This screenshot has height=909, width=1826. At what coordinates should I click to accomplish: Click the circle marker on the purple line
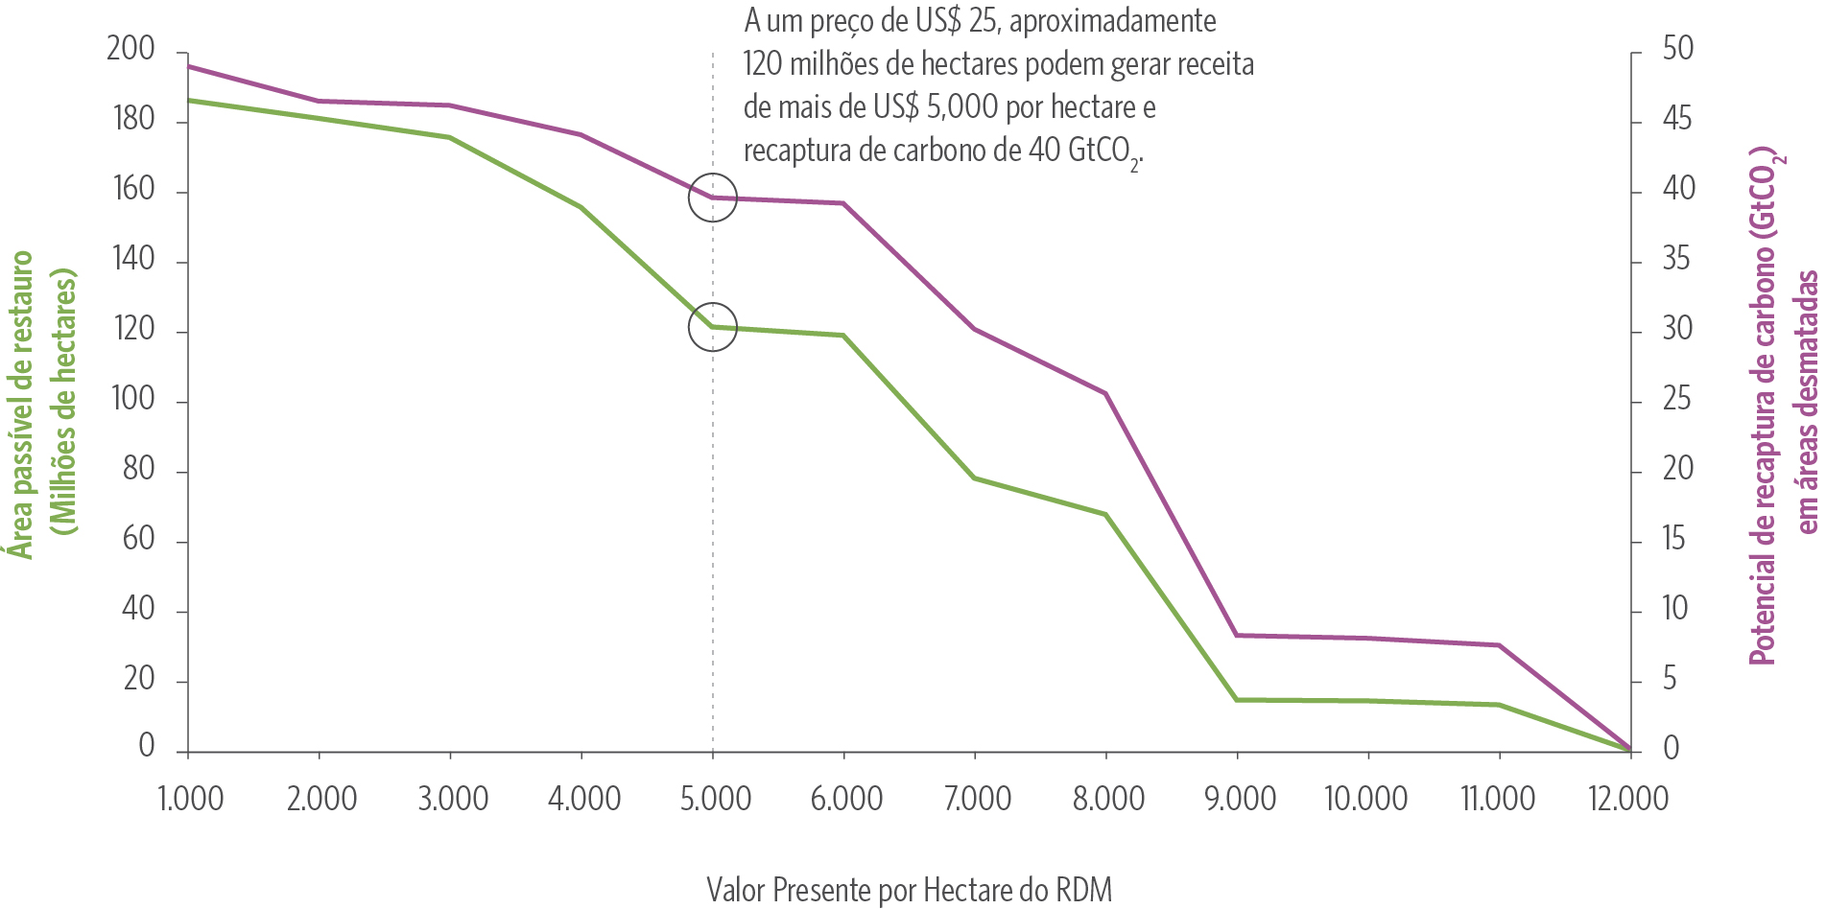712,198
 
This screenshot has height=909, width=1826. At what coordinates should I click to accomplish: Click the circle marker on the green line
712,327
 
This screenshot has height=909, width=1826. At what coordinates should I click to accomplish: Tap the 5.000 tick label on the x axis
715,799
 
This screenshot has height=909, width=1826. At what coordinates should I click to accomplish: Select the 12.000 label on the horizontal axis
1628,799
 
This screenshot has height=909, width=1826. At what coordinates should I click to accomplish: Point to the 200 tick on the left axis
130,49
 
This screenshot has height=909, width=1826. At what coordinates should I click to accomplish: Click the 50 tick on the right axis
1678,49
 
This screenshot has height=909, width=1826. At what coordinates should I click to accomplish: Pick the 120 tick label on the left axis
132,329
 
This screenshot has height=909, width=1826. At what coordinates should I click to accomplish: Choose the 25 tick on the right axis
1676,399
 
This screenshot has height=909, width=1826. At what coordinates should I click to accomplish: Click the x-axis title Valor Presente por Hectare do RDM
909,889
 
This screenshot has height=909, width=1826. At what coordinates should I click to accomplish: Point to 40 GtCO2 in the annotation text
1083,151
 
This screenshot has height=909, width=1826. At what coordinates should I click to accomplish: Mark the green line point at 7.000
974,478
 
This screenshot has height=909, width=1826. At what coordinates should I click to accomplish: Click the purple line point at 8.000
1105,393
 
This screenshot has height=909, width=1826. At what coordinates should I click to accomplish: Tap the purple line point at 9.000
1237,635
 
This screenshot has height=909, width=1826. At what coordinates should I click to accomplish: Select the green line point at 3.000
449,137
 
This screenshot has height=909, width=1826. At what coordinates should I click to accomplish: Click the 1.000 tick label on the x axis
190,799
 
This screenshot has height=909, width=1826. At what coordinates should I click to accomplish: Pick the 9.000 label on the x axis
1240,799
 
